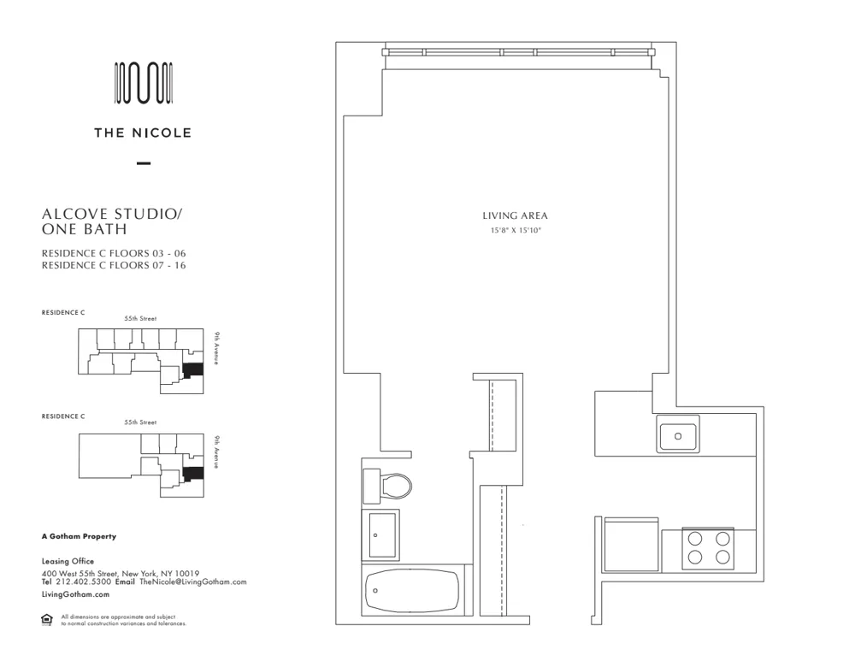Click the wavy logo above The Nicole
tap(144, 83)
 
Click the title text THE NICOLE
tap(143, 133)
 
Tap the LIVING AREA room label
tap(515, 216)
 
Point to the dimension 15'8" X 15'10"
tap(515, 230)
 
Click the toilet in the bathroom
tap(389, 486)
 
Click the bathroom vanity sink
tap(381, 535)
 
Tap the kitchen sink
tap(677, 434)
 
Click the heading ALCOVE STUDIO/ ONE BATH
tap(111, 221)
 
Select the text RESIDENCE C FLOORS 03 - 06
tap(114, 253)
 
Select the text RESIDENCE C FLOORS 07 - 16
tap(114, 265)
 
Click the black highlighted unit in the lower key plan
tap(194, 473)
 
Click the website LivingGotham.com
tap(75, 593)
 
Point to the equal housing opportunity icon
tap(47, 620)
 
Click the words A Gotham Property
tap(79, 537)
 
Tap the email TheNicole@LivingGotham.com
tap(192, 581)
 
